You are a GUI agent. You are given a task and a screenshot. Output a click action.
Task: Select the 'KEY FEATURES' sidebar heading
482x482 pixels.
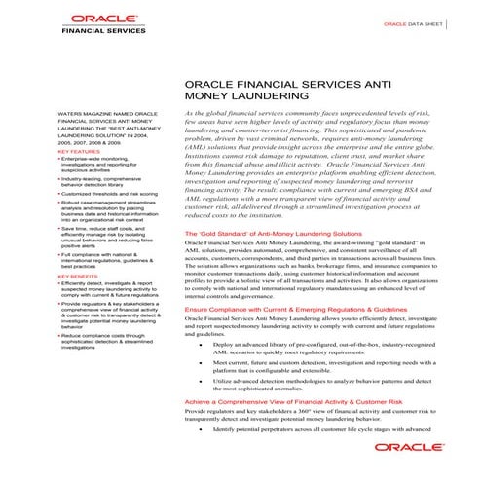coord(79,152)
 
